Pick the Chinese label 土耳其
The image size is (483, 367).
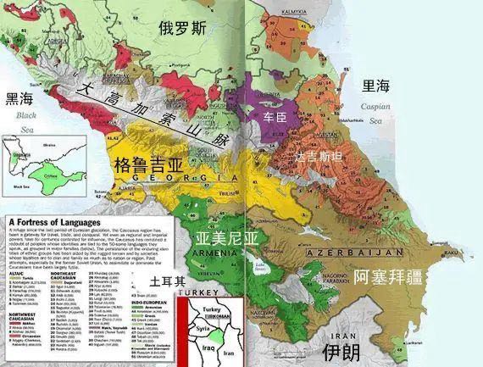pyautogui.click(x=167, y=281)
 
